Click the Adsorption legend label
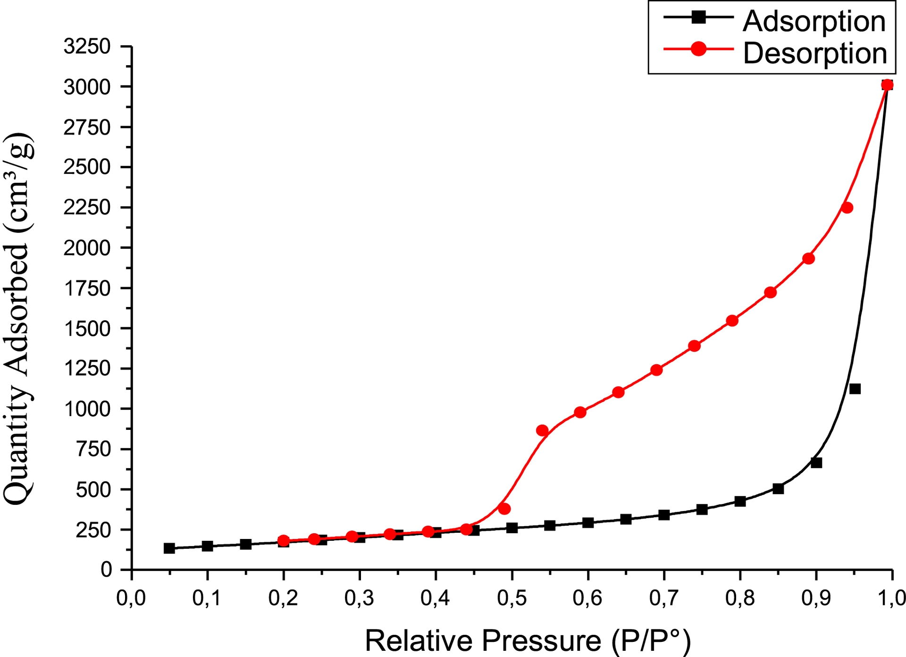[x=814, y=21]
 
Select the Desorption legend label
[x=815, y=53]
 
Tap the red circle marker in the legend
[x=698, y=49]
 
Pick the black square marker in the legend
[x=698, y=17]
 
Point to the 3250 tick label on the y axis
[x=87, y=47]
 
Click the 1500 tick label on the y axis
[x=87, y=329]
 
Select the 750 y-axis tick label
[x=93, y=449]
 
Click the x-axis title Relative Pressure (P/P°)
[x=528, y=641]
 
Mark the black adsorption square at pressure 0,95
[x=855, y=389]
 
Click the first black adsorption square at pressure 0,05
[x=169, y=548]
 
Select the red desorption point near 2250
[x=847, y=208]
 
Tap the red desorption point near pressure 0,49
[x=504, y=509]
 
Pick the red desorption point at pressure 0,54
[x=542, y=430]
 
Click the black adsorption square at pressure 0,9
[x=816, y=463]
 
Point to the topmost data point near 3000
[x=887, y=85]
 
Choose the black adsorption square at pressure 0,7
[x=664, y=515]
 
